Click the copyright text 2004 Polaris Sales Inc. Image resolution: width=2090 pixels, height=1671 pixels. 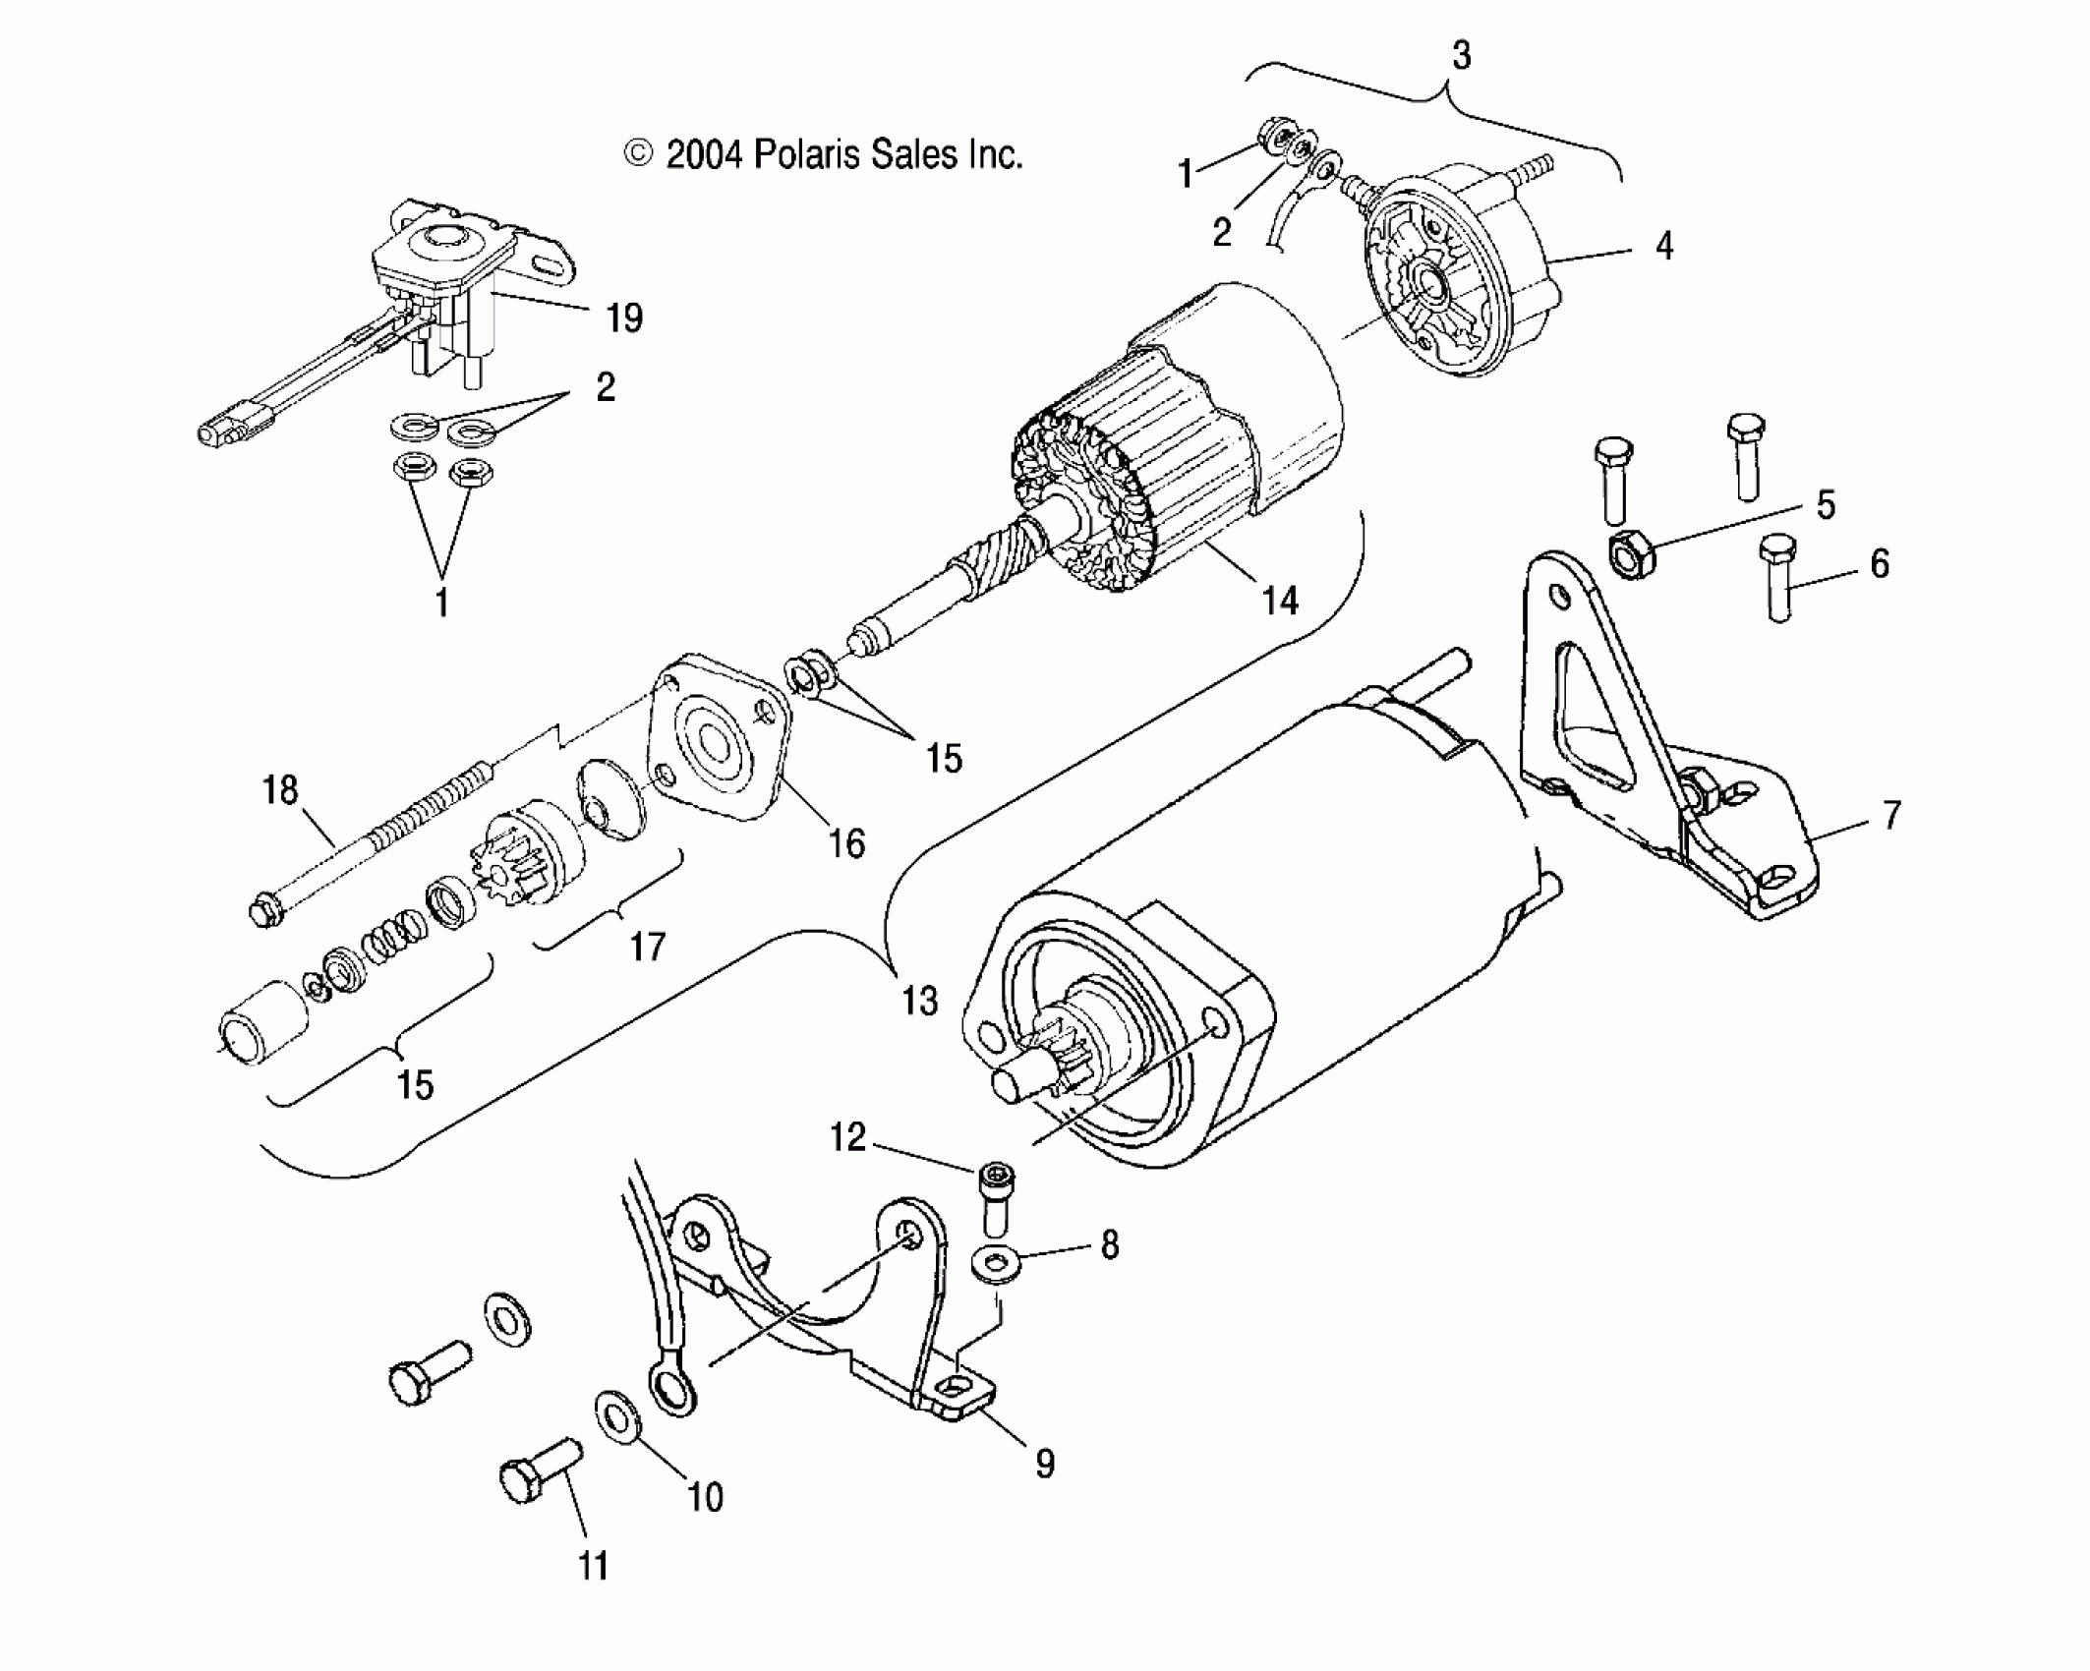click(x=824, y=154)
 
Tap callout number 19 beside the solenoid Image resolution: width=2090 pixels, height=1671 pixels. click(x=624, y=317)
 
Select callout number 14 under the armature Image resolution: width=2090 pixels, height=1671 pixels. click(x=1279, y=600)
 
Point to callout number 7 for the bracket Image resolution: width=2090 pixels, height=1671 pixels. click(x=1891, y=815)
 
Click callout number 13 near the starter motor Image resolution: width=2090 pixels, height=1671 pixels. click(x=920, y=1001)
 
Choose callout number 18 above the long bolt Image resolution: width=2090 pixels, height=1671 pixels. click(x=280, y=789)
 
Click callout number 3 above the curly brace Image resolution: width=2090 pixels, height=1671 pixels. click(x=1461, y=56)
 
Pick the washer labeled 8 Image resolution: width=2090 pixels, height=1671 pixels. click(x=998, y=1265)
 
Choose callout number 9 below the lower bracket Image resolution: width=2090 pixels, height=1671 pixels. click(x=1044, y=1492)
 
